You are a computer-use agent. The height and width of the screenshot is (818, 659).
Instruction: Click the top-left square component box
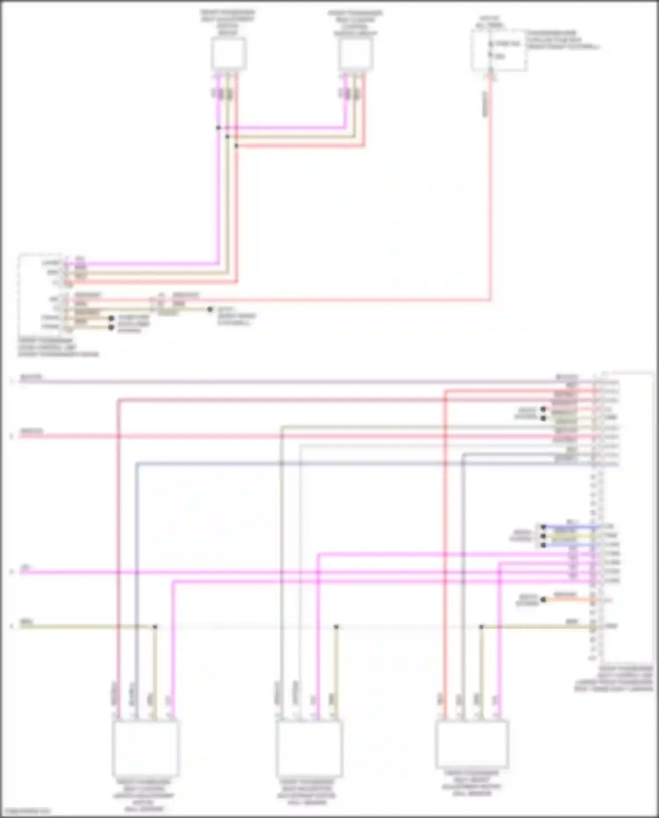228,54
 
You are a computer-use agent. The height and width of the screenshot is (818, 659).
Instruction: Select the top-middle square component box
356,54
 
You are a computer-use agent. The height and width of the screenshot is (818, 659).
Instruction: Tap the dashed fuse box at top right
499,50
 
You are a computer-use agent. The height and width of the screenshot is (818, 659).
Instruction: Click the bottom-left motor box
145,749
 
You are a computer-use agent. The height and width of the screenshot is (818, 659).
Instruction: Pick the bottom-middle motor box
309,749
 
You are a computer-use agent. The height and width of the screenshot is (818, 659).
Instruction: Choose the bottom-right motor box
472,743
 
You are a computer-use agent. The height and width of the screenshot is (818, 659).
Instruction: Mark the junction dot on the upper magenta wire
218,128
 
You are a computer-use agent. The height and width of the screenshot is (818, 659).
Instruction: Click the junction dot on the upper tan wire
227,137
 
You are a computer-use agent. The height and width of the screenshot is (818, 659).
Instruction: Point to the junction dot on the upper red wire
236,145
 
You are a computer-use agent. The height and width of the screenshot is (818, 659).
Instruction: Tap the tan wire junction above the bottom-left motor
155,627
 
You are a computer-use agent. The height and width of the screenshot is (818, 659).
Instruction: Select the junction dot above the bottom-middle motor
336,627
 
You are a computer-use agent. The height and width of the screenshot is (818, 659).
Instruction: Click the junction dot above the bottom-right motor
481,627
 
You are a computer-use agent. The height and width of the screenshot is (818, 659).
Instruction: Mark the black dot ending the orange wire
543,600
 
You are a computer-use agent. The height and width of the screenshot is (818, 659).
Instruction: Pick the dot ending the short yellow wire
543,536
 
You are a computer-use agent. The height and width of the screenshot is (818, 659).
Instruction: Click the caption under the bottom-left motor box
145,796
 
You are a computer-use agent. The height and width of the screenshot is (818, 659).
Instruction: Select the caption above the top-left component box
228,23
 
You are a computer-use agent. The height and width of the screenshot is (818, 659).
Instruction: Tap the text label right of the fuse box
562,40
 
